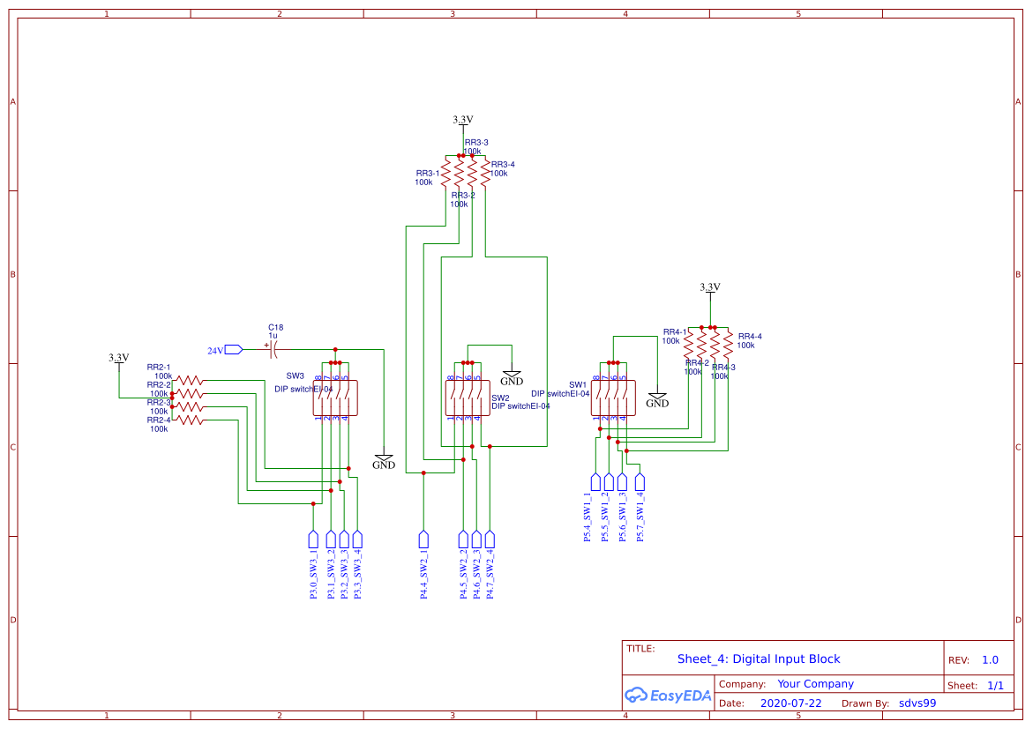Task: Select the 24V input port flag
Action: click(x=233, y=350)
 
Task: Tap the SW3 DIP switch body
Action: click(x=334, y=398)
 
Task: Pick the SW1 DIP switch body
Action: click(x=613, y=398)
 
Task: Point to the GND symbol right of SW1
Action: click(x=657, y=399)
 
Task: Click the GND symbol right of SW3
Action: click(x=384, y=461)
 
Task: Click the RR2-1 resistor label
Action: click(x=159, y=367)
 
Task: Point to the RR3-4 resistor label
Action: click(x=503, y=165)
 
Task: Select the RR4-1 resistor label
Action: click(x=675, y=332)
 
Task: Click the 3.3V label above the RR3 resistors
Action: click(x=463, y=119)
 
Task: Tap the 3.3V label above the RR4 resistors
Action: click(x=710, y=287)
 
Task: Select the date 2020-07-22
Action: click(x=790, y=703)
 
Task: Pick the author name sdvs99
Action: click(x=917, y=703)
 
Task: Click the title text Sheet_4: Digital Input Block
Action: click(x=759, y=658)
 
